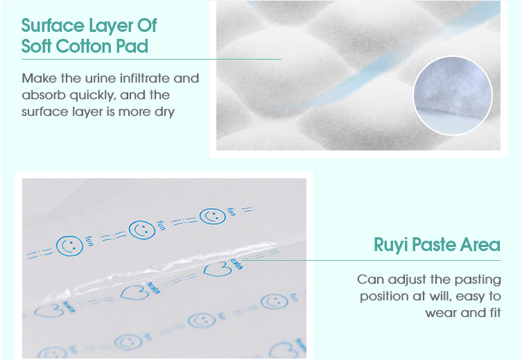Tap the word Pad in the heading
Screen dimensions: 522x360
pos(132,46)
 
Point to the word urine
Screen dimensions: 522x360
pos(101,78)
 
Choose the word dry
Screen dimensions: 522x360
pos(164,112)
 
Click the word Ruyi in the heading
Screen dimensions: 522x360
pos(390,246)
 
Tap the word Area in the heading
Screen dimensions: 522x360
pos(480,245)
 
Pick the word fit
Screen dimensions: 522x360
pos(494,312)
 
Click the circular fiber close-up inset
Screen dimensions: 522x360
pos(453,96)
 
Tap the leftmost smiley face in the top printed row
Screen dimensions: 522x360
pos(69,246)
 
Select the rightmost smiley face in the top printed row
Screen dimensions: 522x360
pos(213,216)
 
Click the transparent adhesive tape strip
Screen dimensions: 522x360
pos(160,269)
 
